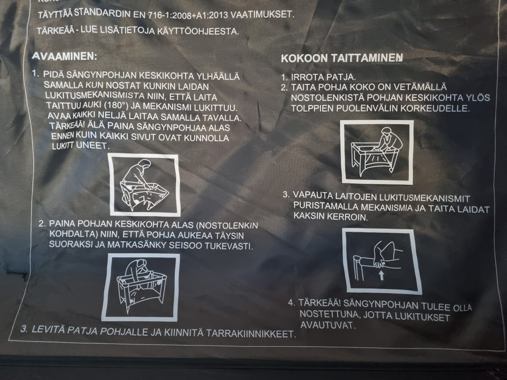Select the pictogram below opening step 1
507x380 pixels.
[x=144, y=185]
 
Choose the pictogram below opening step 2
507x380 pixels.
[x=140, y=288]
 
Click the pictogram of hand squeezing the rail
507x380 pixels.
[x=381, y=261]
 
